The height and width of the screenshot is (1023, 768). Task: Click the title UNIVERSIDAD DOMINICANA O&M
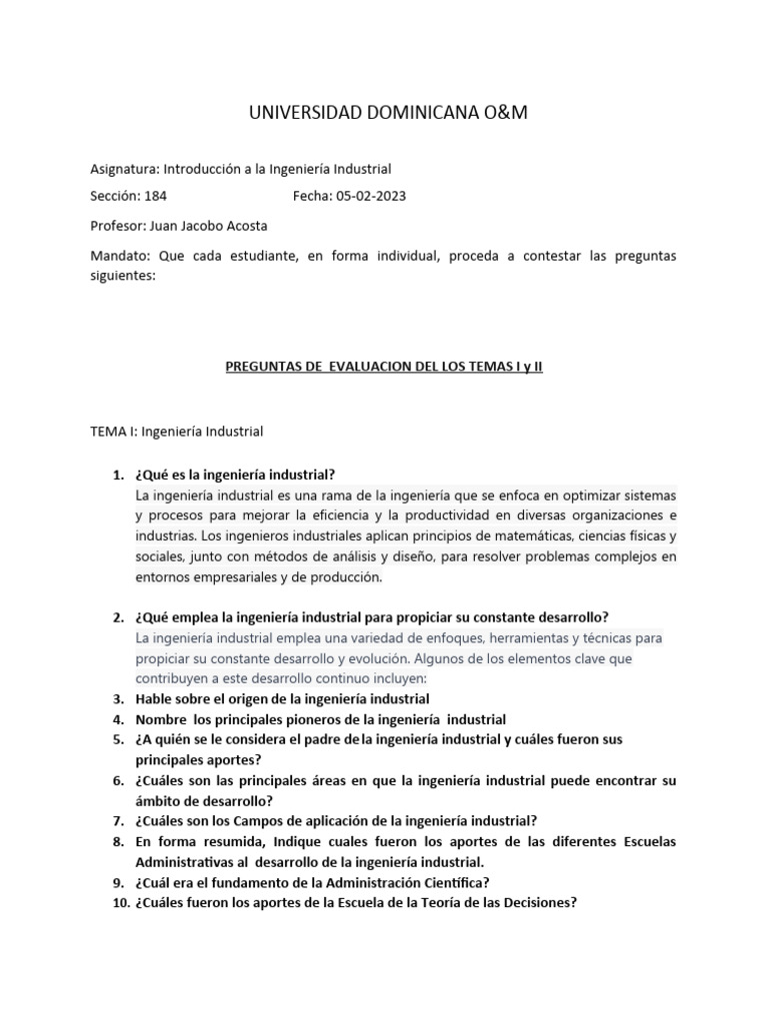tap(387, 113)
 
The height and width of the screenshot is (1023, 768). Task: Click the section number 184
tap(157, 196)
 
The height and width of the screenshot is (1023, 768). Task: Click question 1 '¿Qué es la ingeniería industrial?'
tap(235, 474)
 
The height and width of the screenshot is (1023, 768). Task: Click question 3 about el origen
tap(282, 698)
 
